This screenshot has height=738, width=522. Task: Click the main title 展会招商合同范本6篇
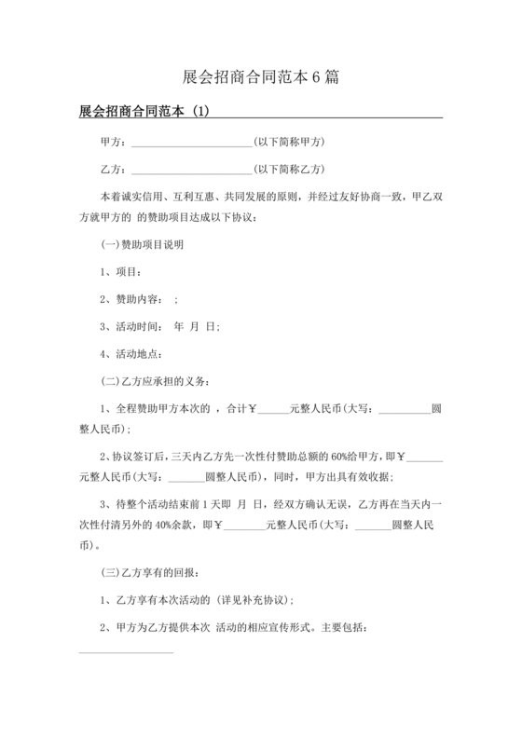(260, 77)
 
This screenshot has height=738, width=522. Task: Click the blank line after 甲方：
(192, 143)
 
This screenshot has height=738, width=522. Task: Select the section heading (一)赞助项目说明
(142, 246)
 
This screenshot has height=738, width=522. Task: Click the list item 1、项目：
(120, 272)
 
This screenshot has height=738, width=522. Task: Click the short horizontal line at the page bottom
(126, 651)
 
